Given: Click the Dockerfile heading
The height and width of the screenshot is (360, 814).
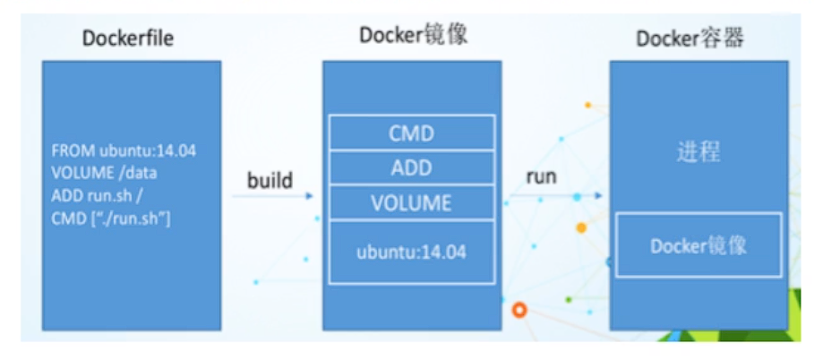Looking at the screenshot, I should coord(127,39).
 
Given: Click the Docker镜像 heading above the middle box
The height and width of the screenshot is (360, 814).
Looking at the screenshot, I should coord(414,35).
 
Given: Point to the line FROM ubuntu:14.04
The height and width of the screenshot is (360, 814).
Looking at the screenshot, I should coord(124,150).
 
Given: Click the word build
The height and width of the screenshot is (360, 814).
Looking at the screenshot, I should coord(270,180).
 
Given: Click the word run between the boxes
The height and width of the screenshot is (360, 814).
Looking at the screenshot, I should coord(542,177).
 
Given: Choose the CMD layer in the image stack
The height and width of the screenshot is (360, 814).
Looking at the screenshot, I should coord(411,134).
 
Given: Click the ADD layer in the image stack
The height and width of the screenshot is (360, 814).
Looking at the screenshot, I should coord(411,168).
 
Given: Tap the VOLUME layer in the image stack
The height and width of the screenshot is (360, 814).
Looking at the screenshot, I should coord(411,202).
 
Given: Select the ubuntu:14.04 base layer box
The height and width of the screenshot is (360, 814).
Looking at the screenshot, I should coord(411,253).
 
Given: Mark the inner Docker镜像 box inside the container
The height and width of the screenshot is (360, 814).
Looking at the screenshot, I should coord(698,244).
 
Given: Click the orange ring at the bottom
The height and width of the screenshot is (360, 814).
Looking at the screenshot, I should coord(520,311).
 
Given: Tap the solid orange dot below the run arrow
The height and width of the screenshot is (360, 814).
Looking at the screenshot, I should coord(581,227).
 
